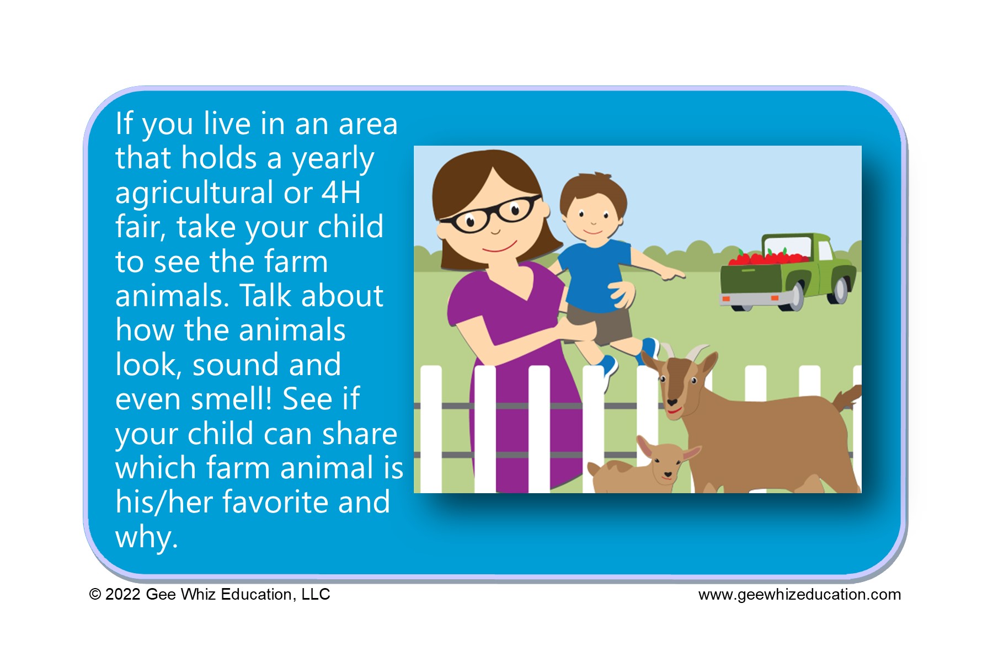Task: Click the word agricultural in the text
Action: [x=195, y=194]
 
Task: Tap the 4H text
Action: [x=341, y=192]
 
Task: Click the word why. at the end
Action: [x=147, y=537]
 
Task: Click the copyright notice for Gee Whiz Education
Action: [x=210, y=594]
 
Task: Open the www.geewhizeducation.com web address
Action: [x=799, y=595]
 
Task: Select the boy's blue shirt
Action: [x=596, y=273]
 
